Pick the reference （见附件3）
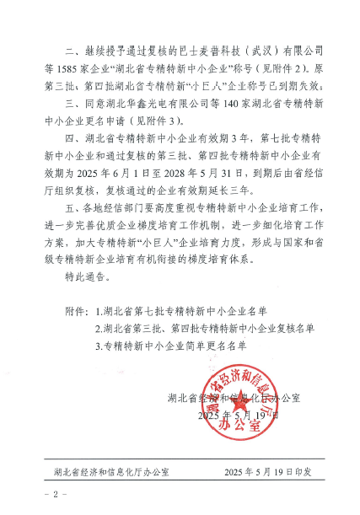click(169, 122)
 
